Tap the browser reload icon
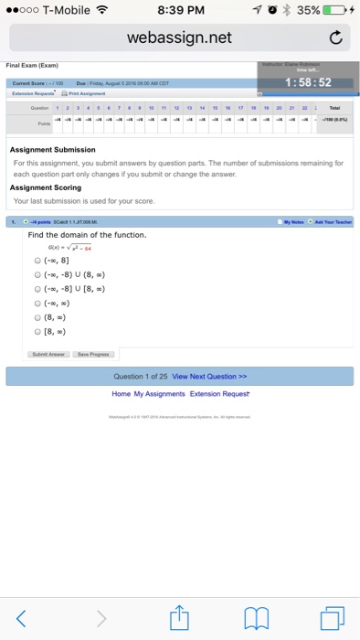pos(335,38)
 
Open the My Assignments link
pos(160,393)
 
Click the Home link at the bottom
pos(121,393)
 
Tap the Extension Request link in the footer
pos(220,393)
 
